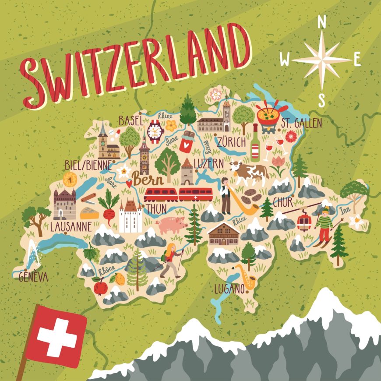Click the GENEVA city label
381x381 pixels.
tap(33, 277)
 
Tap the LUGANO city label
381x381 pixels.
tap(229, 289)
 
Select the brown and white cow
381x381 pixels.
tap(249, 172)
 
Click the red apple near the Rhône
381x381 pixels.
tap(101, 287)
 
